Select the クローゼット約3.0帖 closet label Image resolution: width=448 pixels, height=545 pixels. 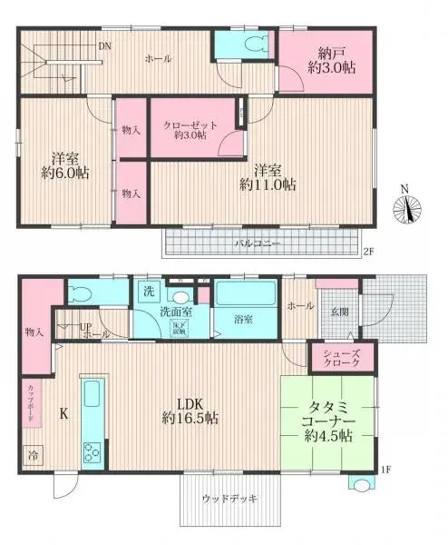184,130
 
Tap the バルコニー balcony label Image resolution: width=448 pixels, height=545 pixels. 258,244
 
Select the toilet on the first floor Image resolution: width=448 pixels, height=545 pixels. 82,293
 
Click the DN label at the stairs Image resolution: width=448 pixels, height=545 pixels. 105,46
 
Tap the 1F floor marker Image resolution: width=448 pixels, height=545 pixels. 385,470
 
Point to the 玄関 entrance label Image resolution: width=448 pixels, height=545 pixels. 338,312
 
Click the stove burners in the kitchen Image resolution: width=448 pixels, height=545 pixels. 93,451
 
